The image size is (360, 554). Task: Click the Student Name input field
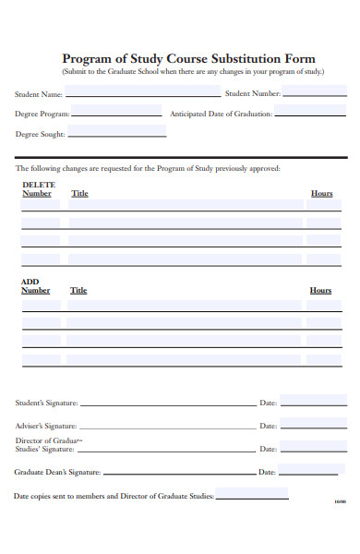[x=142, y=92]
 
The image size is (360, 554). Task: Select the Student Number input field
[x=314, y=92]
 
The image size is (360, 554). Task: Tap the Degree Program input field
[x=118, y=113]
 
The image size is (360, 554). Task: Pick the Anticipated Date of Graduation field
[x=310, y=113]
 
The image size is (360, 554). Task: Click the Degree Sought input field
[x=116, y=133]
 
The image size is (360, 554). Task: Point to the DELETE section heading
[x=38, y=185]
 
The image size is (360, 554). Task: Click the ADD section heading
[x=30, y=282]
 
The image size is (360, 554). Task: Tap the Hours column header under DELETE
[x=321, y=194]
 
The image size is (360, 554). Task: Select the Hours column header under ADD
[x=320, y=290]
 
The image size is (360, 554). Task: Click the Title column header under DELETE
[x=79, y=194]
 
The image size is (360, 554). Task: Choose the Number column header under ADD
[x=36, y=290]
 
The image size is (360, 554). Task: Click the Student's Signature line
[x=167, y=403]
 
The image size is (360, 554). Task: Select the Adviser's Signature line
[x=167, y=426]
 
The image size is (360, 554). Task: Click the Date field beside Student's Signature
[x=313, y=402]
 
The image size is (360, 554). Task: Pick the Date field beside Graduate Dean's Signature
[x=313, y=470]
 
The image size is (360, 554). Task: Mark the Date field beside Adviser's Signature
[x=313, y=425]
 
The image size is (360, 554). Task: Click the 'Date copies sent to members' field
[x=251, y=495]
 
